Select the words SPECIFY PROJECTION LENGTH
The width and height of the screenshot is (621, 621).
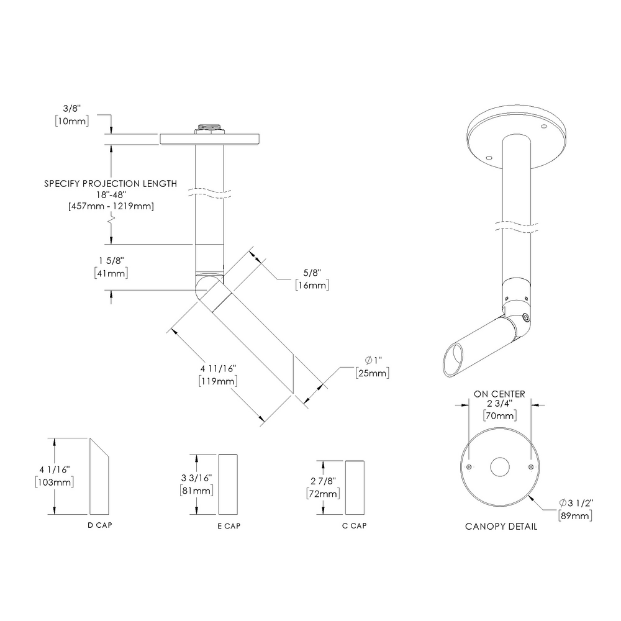pos(111,184)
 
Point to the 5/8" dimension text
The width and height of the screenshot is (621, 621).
pos(310,274)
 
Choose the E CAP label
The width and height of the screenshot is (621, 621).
pos(229,526)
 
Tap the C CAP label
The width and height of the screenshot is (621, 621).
pos(354,526)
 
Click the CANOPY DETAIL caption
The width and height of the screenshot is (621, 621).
pos(501,527)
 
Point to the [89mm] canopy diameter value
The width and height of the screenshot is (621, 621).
pos(574,515)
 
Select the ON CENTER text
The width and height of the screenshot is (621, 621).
pos(499,394)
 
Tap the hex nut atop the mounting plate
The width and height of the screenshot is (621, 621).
pos(209,129)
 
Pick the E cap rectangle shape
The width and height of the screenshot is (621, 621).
pos(228,484)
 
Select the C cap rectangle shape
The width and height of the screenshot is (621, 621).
pos(355,488)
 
